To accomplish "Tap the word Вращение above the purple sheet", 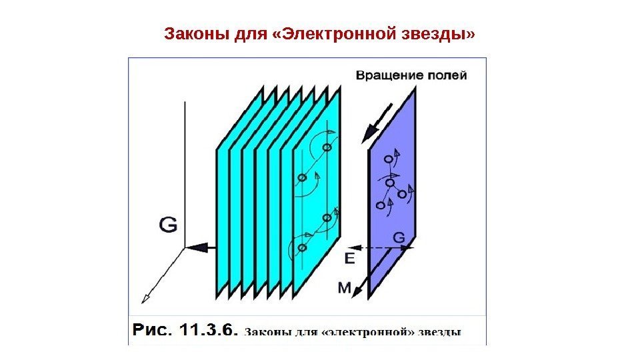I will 387,75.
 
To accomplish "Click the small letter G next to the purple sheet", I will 398,236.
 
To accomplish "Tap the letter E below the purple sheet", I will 350,256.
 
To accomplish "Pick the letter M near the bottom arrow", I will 343,287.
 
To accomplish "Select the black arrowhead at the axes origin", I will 194,247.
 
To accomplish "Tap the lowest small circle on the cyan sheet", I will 302,247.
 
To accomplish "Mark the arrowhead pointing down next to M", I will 357,291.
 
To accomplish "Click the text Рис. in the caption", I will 154,330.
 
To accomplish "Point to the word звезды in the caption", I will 439,331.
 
